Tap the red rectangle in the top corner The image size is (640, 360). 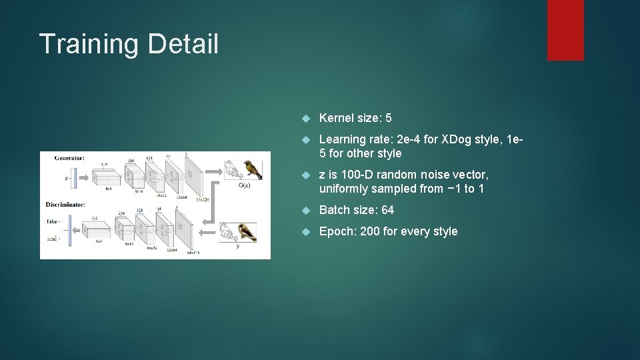tap(565, 30)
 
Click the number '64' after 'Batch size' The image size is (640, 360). tap(387, 210)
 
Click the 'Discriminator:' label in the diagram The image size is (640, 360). tap(66, 203)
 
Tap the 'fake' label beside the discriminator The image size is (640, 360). tap(52, 221)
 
